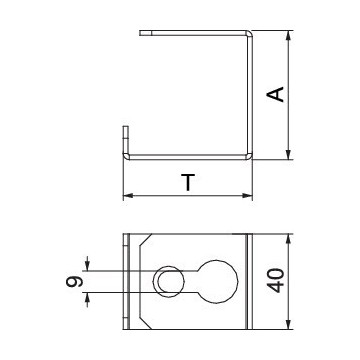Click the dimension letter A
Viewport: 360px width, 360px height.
pyautogui.click(x=275, y=94)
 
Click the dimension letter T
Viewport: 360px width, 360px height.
pyautogui.click(x=188, y=182)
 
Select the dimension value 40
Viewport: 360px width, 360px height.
pyautogui.click(x=277, y=280)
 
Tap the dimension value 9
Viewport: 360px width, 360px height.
pyautogui.click(x=74, y=282)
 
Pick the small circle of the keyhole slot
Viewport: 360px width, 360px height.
pyautogui.click(x=169, y=282)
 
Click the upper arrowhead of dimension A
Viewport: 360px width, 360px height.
pyautogui.click(x=289, y=36)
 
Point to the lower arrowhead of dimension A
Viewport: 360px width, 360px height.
pyautogui.click(x=289, y=154)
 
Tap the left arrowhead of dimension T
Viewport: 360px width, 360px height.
pyautogui.click(x=129, y=196)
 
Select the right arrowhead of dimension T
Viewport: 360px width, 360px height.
pyautogui.click(x=247, y=196)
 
